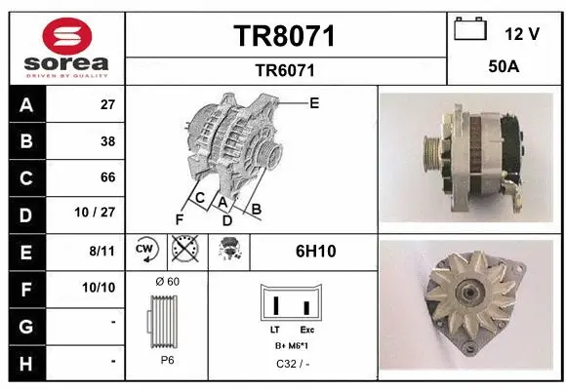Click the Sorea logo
[67, 45]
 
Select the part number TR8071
[284, 36]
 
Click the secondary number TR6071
[284, 69]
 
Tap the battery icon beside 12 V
[470, 29]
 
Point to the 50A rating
[504, 67]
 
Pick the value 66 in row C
[107, 177]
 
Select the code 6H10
[314, 251]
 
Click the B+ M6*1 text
[291, 345]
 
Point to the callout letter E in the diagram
[314, 101]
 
